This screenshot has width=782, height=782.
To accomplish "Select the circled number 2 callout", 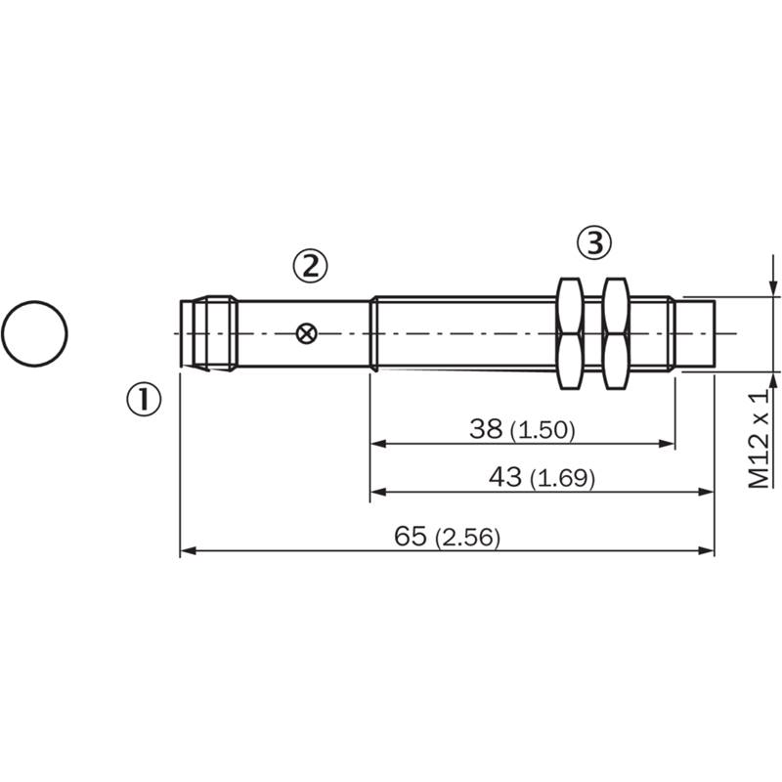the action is tap(310, 266).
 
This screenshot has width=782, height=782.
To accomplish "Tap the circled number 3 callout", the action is tap(594, 243).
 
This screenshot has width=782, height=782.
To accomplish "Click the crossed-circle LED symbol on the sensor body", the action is tap(306, 333).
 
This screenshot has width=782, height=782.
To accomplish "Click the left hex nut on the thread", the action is tap(571, 333).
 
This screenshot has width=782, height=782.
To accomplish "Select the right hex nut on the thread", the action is tap(616, 333).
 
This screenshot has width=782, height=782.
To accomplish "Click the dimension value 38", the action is tap(485, 429).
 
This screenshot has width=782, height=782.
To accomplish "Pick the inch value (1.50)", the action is tap(543, 430).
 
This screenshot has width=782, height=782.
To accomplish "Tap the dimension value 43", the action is tap(504, 477).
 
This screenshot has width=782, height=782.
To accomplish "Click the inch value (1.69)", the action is tap(562, 479).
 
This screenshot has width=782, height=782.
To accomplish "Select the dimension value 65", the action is tap(411, 536).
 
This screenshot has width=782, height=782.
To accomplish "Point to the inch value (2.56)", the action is tap(467, 538).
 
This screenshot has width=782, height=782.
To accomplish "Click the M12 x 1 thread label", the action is tap(760, 439).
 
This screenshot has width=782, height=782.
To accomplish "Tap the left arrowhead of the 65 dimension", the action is tap(188, 550).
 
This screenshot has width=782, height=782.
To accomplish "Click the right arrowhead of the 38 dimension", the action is tap(667, 444).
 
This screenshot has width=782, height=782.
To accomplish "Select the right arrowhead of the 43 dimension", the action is tap(706, 493).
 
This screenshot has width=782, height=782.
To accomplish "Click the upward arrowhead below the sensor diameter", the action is tap(773, 381).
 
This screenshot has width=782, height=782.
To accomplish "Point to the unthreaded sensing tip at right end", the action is tap(695, 334).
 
